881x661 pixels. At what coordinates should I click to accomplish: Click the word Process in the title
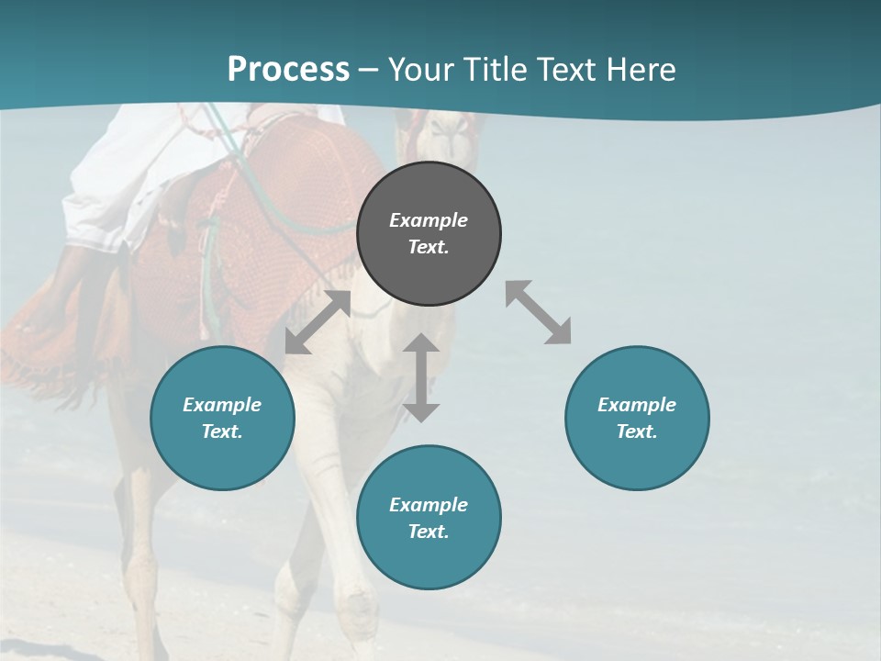(x=288, y=70)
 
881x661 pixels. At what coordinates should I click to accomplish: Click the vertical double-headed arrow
(x=421, y=377)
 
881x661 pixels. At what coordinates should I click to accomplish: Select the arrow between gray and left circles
(x=318, y=322)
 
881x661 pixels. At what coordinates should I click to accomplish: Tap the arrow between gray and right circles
(x=539, y=312)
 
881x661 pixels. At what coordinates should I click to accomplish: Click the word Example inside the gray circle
(x=429, y=220)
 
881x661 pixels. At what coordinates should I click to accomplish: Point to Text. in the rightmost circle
(x=637, y=431)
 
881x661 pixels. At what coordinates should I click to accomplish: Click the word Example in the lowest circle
(x=429, y=505)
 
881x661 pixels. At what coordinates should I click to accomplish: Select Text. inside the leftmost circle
(x=222, y=431)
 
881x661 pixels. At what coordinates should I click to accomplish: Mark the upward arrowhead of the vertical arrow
(x=421, y=344)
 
